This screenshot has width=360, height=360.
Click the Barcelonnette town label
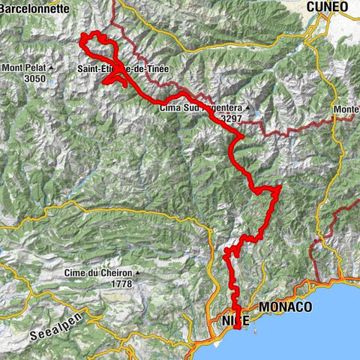pos(35,7)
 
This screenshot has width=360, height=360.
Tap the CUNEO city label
pos(326,7)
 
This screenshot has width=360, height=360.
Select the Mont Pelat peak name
pos(24,68)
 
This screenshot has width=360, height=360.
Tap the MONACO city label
pos(284,307)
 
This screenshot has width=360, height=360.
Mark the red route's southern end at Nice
pos(237,326)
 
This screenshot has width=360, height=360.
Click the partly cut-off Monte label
pos(346,109)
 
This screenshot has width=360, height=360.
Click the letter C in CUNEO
pos(310,7)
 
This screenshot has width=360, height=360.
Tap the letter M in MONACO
pos(264,307)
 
